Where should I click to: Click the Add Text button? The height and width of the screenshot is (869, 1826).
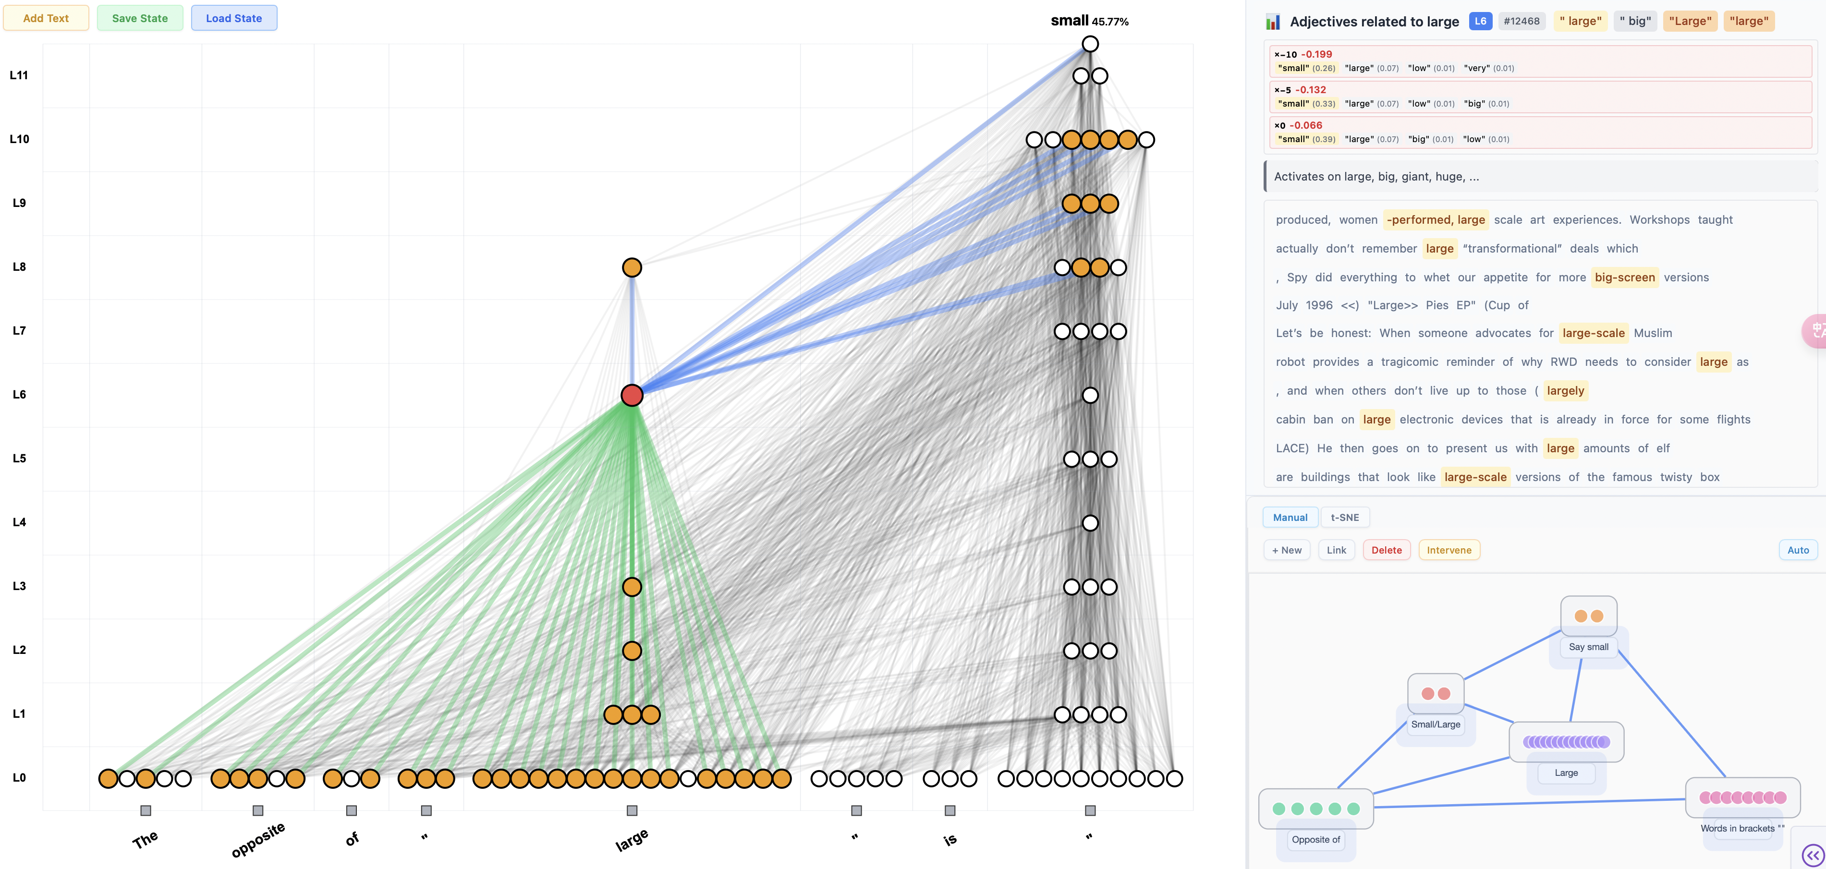click(46, 18)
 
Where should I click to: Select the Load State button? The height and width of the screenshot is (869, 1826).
click(234, 18)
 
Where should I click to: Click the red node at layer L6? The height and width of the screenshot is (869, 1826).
click(632, 395)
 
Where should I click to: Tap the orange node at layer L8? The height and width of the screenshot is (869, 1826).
click(632, 267)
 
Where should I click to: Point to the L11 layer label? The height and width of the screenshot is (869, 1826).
click(19, 75)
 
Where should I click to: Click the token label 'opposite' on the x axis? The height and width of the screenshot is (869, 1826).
click(258, 840)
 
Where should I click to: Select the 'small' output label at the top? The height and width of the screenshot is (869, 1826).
click(1069, 21)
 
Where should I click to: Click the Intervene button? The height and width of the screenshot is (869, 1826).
click(1449, 550)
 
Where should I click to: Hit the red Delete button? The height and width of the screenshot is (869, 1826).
click(1387, 550)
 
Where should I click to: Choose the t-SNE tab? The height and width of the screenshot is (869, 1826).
click(1345, 518)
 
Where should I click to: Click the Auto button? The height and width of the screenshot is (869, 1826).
click(1798, 550)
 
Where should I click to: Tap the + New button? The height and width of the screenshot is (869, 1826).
click(1287, 550)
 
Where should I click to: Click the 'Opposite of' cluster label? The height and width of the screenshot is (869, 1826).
click(1315, 839)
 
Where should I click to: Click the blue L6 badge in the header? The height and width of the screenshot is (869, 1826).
click(1480, 21)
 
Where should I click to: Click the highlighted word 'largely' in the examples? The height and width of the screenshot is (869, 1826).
click(1565, 390)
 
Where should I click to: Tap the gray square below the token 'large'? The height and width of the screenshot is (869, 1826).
click(632, 810)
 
